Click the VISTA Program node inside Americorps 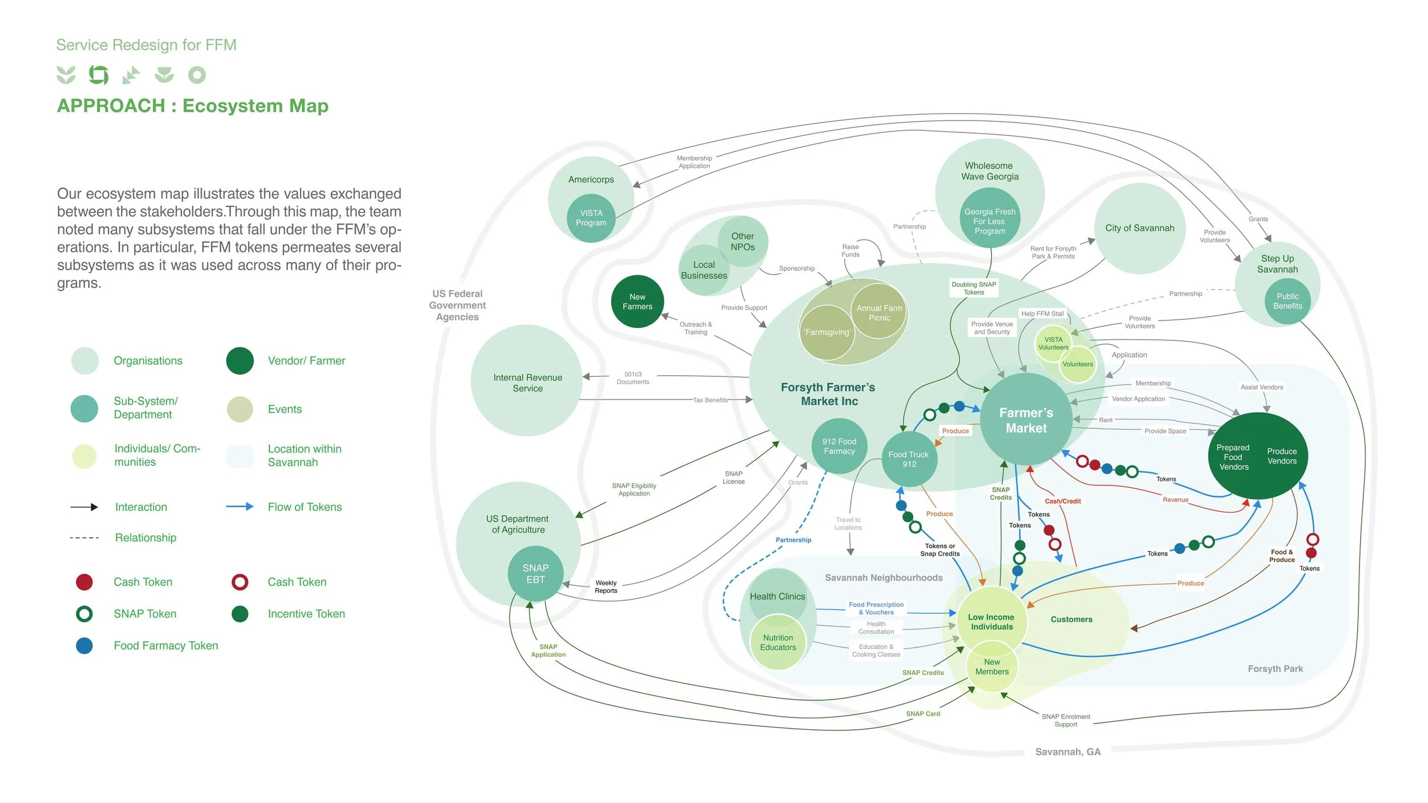(591, 218)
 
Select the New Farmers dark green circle (637, 302)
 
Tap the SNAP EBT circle (535, 573)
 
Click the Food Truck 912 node (909, 459)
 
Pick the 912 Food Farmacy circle (839, 446)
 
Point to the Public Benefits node (1287, 302)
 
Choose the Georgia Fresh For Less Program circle (990, 222)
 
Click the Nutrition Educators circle (778, 643)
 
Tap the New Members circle (992, 667)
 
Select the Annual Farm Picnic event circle (879, 312)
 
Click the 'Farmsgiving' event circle (827, 332)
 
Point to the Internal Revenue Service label (528, 383)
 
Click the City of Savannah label (1140, 228)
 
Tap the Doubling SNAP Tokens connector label (974, 288)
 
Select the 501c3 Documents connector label (633, 378)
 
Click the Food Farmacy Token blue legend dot (85, 646)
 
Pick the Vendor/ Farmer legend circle (240, 361)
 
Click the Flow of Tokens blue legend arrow (240, 507)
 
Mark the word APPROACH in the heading (111, 106)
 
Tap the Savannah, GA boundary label (1068, 752)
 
